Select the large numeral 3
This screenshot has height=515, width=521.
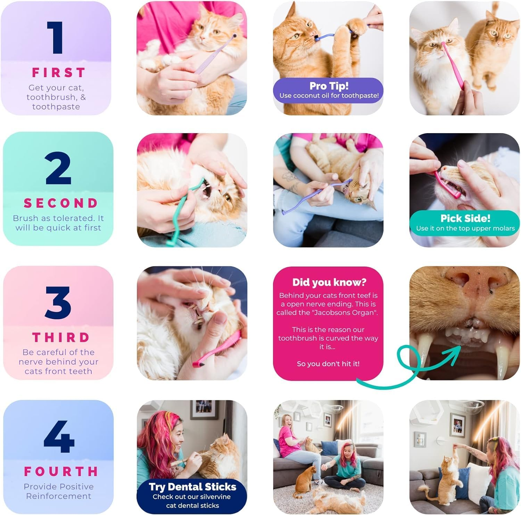click(58, 303)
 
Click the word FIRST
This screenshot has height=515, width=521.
click(58, 73)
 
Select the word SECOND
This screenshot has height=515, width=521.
click(61, 203)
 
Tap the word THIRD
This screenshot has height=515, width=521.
click(61, 337)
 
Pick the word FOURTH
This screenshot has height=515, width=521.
click(61, 472)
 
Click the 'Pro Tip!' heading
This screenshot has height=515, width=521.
click(329, 86)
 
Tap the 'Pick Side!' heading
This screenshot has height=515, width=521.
click(465, 218)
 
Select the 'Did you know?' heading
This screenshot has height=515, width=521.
click(329, 282)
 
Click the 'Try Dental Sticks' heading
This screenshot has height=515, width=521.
click(192, 487)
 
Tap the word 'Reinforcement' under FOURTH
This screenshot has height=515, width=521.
click(58, 496)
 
